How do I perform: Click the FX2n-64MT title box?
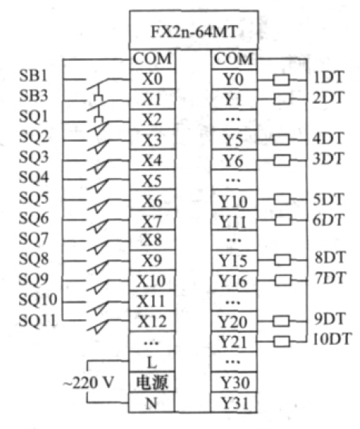pyautogui.click(x=194, y=30)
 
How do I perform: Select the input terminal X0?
pyautogui.click(x=152, y=79)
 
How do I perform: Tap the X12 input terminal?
pyautogui.click(x=152, y=321)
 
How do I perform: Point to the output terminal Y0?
pyautogui.click(x=233, y=80)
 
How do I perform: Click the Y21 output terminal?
pyautogui.click(x=233, y=342)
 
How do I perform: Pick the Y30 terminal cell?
pyautogui.click(x=233, y=382)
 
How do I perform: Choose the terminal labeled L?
pyautogui.click(x=152, y=362)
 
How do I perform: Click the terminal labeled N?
pyautogui.click(x=152, y=402)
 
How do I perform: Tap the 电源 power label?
pyautogui.click(x=152, y=382)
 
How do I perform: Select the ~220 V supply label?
pyautogui.click(x=88, y=382)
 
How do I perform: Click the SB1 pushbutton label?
pyautogui.click(x=33, y=76)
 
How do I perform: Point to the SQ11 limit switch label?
pyautogui.click(x=37, y=321)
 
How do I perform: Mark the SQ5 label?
pyautogui.click(x=33, y=198)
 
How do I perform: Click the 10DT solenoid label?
pyautogui.click(x=331, y=340)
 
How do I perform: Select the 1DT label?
pyautogui.click(x=327, y=77)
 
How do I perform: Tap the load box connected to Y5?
pyautogui.click(x=281, y=139)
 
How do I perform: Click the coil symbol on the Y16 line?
pyautogui.click(x=283, y=280)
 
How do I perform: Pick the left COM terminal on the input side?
pyautogui.click(x=152, y=59)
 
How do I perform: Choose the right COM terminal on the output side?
pyautogui.click(x=233, y=59)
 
